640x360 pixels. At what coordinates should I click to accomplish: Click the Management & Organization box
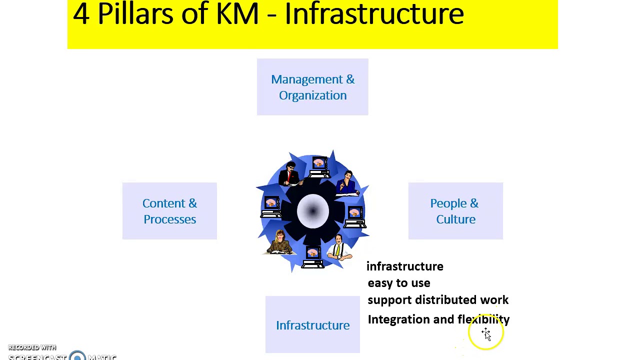click(312, 87)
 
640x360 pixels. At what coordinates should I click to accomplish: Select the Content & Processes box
click(169, 211)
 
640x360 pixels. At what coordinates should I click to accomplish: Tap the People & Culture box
click(455, 211)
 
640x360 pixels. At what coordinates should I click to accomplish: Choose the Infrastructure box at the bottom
click(312, 325)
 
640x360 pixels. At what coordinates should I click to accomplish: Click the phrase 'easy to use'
click(398, 283)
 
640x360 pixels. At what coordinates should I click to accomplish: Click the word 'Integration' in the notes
click(398, 319)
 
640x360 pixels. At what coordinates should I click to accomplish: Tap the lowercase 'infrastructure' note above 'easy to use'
click(404, 266)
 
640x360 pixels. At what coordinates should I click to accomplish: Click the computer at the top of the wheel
click(319, 167)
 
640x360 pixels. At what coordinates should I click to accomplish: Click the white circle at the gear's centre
click(312, 211)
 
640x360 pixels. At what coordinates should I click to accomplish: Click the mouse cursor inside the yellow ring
click(486, 334)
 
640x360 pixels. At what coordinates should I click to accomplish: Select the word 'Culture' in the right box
click(455, 219)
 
